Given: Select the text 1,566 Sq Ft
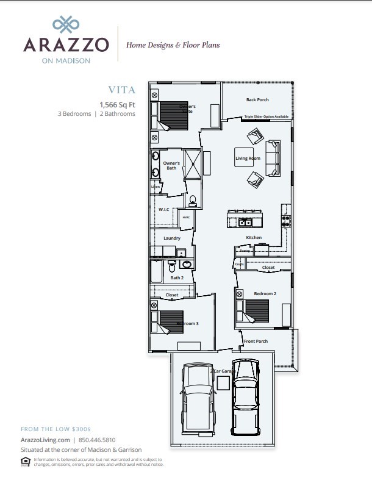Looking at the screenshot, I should tap(118, 104).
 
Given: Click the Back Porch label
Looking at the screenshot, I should tap(257, 99).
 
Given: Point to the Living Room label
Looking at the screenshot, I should tap(248, 159).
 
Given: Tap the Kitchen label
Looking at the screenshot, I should tap(254, 237).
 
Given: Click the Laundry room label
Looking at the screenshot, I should tap(172, 238).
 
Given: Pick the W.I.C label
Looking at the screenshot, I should tap(163, 209).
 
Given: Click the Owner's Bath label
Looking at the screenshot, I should tap(171, 165).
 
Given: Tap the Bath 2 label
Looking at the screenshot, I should tap(177, 277).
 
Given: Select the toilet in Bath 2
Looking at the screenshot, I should tap(173, 267).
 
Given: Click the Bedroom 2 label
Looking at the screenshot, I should tap(265, 293).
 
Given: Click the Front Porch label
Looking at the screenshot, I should tap(256, 341).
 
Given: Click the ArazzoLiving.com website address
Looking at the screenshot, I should tap(46, 439).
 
